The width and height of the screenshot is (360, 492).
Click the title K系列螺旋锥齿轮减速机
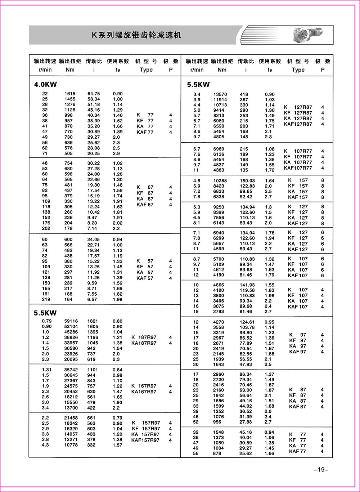click(137, 35)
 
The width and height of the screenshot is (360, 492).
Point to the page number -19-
click(320, 469)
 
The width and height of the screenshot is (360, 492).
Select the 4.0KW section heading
click(45, 85)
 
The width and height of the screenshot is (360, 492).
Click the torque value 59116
click(71, 321)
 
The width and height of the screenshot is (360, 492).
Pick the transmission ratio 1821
click(93, 321)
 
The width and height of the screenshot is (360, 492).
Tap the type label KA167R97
click(144, 392)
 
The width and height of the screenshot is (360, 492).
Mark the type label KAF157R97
click(146, 440)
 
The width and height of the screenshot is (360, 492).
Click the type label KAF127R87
click(298, 124)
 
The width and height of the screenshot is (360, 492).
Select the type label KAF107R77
click(298, 168)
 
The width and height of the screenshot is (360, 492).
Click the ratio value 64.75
click(94, 94)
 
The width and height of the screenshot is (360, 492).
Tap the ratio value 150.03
click(247, 181)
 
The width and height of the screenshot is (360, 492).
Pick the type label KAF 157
click(298, 197)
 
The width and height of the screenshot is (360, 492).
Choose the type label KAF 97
click(298, 352)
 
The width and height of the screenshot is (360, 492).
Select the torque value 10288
click(220, 181)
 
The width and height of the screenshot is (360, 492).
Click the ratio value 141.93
click(247, 285)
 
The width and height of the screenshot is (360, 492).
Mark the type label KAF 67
click(145, 205)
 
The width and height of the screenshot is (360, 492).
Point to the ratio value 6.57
click(92, 299)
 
